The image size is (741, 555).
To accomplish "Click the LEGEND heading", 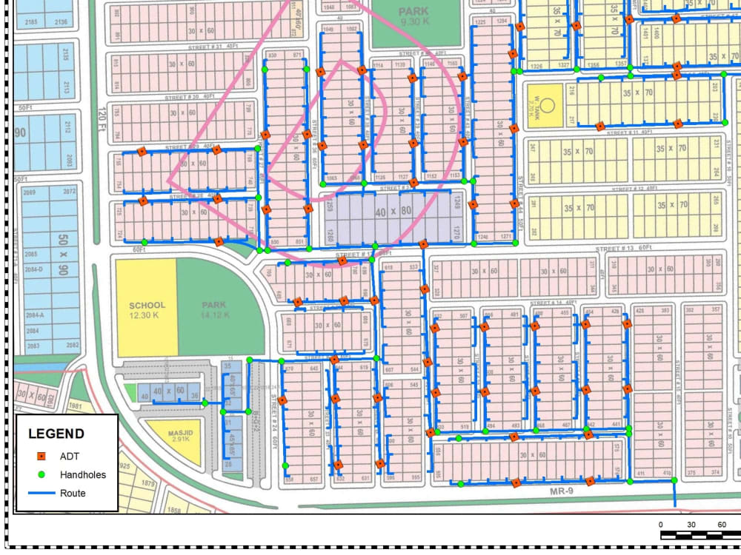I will [56, 434].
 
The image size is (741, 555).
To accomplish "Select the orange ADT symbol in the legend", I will [42, 456].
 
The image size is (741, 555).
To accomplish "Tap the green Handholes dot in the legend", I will [42, 474].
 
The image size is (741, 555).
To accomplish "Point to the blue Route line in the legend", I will [42, 493].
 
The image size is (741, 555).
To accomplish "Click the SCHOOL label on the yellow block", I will [147, 305].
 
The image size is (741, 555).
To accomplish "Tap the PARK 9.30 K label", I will [413, 16].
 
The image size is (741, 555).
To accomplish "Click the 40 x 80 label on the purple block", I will [393, 212].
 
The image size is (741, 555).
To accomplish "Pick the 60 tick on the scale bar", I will [721, 524].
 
